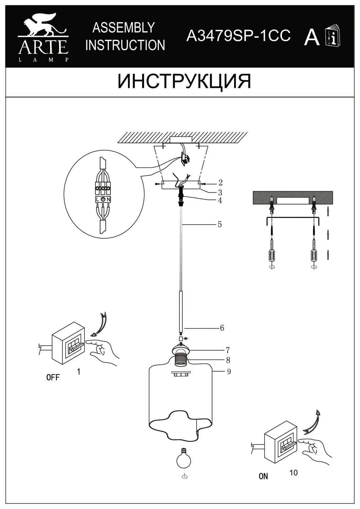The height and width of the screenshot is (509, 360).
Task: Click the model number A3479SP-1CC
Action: coord(238,35)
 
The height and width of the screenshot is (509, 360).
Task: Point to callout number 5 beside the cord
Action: coord(220,224)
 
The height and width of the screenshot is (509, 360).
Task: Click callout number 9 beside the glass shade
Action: coord(229,371)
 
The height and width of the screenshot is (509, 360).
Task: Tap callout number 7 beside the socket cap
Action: coord(228,350)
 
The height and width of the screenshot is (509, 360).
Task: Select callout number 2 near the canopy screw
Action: coord(220,183)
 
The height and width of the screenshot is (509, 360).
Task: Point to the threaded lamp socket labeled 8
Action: coord(182,360)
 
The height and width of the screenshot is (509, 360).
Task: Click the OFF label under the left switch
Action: coord(53,377)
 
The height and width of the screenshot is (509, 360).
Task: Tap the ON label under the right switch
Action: coord(263,476)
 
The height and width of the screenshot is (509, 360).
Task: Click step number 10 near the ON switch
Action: coord(294,472)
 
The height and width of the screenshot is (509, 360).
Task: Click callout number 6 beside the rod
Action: coord(222,328)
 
